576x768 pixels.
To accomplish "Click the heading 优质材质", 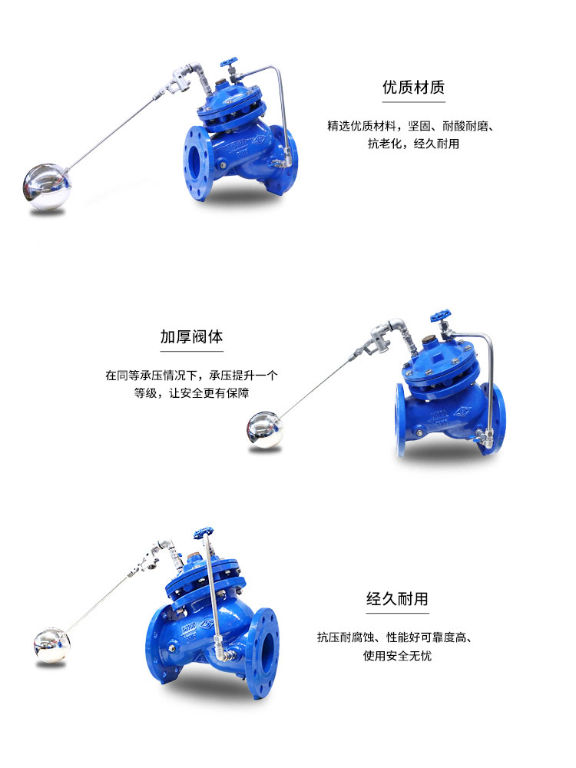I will (413, 88).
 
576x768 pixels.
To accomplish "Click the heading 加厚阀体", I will (192, 337).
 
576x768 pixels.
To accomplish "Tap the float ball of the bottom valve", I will (51, 642).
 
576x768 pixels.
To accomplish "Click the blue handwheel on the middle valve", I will (439, 316).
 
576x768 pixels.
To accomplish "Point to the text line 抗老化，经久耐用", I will (413, 144).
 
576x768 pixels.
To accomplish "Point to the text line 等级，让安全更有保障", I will (192, 392).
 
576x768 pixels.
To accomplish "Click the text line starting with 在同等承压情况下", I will (192, 375).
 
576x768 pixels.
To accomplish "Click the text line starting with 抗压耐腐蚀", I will (398, 637).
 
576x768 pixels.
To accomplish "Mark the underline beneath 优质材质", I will (413, 102).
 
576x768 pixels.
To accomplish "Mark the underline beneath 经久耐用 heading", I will (397, 613).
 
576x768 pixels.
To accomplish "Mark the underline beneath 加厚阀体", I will (192, 351).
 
